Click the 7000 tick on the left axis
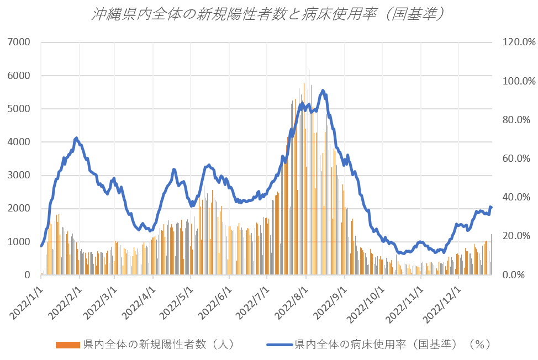19,42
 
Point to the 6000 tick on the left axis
19,76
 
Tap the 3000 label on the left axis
19,176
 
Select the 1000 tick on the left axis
19,242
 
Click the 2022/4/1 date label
138,301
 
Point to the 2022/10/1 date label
367,301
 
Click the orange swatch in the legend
68,345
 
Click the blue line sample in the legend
279,345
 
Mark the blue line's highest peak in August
323,91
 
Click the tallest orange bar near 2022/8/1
309,70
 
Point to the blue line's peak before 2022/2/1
76,138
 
